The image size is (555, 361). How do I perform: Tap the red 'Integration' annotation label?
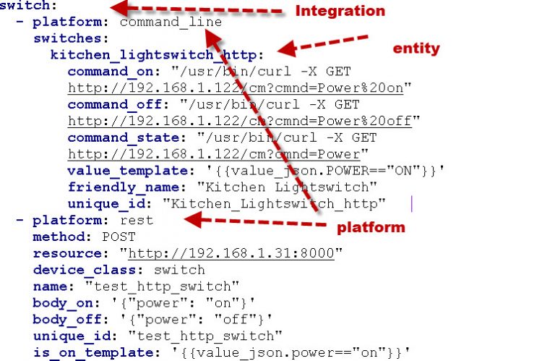coord(340,11)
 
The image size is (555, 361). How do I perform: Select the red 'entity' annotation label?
coord(416,48)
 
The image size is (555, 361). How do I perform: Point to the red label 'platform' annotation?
coord(371,227)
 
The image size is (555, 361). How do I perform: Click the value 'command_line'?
coord(171,22)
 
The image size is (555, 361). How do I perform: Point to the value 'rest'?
coord(137,220)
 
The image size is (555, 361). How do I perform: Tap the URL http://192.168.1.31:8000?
coord(235,253)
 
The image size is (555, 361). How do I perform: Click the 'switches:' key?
coord(70,38)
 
